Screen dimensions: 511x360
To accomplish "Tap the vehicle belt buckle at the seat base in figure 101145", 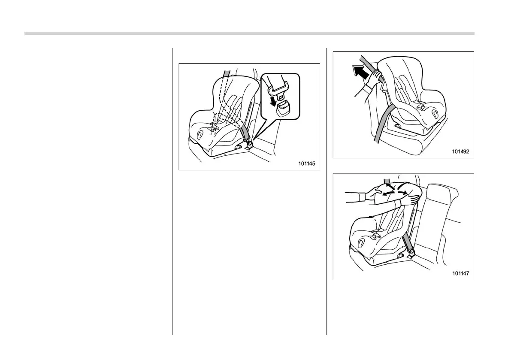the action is pos(249,145).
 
